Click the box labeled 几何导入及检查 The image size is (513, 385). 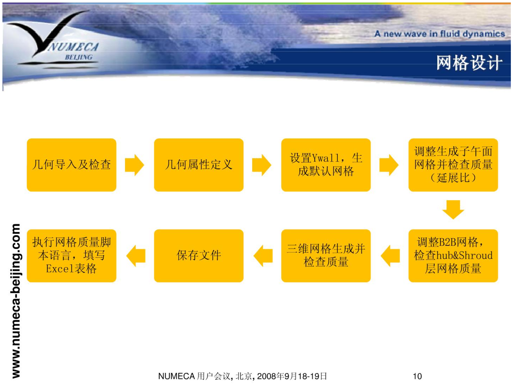tap(72, 165)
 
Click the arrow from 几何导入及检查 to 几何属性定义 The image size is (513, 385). tap(135, 165)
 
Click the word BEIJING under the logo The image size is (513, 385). tap(79, 57)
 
